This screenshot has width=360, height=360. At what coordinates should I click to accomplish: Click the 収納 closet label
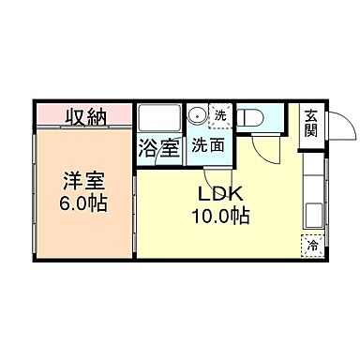[85, 117]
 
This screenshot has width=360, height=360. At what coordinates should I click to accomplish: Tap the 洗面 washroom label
[207, 146]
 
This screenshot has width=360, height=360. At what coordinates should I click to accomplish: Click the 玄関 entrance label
[310, 123]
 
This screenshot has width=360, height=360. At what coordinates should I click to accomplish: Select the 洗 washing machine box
[219, 115]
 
